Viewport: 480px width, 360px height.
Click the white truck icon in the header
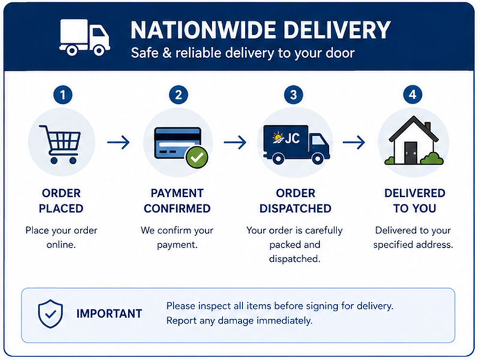85,37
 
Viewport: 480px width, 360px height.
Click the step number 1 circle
63,95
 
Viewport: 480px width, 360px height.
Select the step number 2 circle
178,95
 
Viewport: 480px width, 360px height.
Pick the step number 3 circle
293,95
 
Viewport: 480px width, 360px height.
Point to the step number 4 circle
412,95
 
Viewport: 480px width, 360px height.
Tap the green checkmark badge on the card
197,157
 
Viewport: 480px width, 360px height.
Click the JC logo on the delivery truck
286,139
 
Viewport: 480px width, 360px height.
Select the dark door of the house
410,152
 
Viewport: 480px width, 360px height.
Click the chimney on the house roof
428,126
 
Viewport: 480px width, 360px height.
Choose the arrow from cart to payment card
118,142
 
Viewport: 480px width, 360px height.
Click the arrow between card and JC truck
235,142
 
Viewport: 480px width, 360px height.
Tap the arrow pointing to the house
354,142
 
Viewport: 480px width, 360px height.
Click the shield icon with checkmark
50,314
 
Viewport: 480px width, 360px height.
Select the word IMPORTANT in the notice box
109,313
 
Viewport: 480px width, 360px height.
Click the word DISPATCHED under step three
295,208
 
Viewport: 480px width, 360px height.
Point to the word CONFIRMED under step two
177,208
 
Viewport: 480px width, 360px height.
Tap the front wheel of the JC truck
317,158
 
